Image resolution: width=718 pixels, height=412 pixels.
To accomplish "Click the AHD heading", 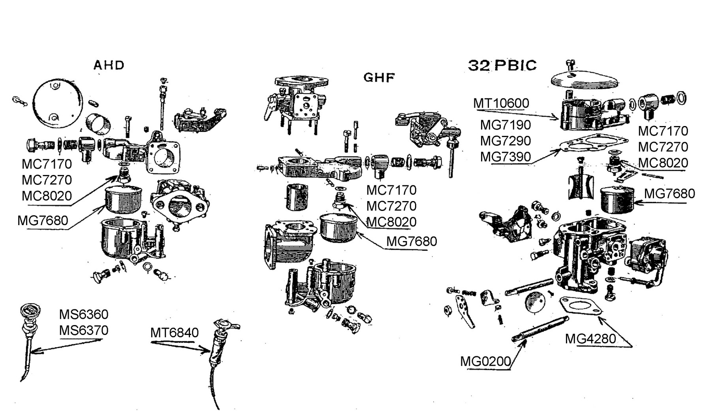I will (109, 65).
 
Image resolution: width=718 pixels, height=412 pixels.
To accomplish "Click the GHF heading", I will (379, 77).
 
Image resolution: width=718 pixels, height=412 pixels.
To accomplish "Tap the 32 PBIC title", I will (502, 65).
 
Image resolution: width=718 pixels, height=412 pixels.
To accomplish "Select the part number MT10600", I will (501, 103).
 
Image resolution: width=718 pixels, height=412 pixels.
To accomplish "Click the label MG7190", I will (505, 125).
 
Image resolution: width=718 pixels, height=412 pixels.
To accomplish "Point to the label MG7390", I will (505, 157).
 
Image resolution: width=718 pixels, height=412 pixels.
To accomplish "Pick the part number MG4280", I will (590, 339).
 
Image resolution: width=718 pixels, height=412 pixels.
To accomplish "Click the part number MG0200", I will (485, 361).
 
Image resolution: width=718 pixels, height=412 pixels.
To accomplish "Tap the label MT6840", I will (174, 333).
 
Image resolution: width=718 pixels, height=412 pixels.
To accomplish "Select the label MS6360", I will (83, 314).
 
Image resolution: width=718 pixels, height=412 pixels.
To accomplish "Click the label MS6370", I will (83, 330).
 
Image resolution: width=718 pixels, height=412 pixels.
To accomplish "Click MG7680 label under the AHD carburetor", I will (43, 220).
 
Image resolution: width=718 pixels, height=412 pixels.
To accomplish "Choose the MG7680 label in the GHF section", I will (411, 241).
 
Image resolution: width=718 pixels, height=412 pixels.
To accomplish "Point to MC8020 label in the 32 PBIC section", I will (663, 163).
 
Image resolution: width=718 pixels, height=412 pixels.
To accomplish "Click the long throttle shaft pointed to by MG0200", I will (541, 329).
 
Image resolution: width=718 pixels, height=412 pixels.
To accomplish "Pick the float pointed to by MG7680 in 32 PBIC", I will (617, 201).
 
